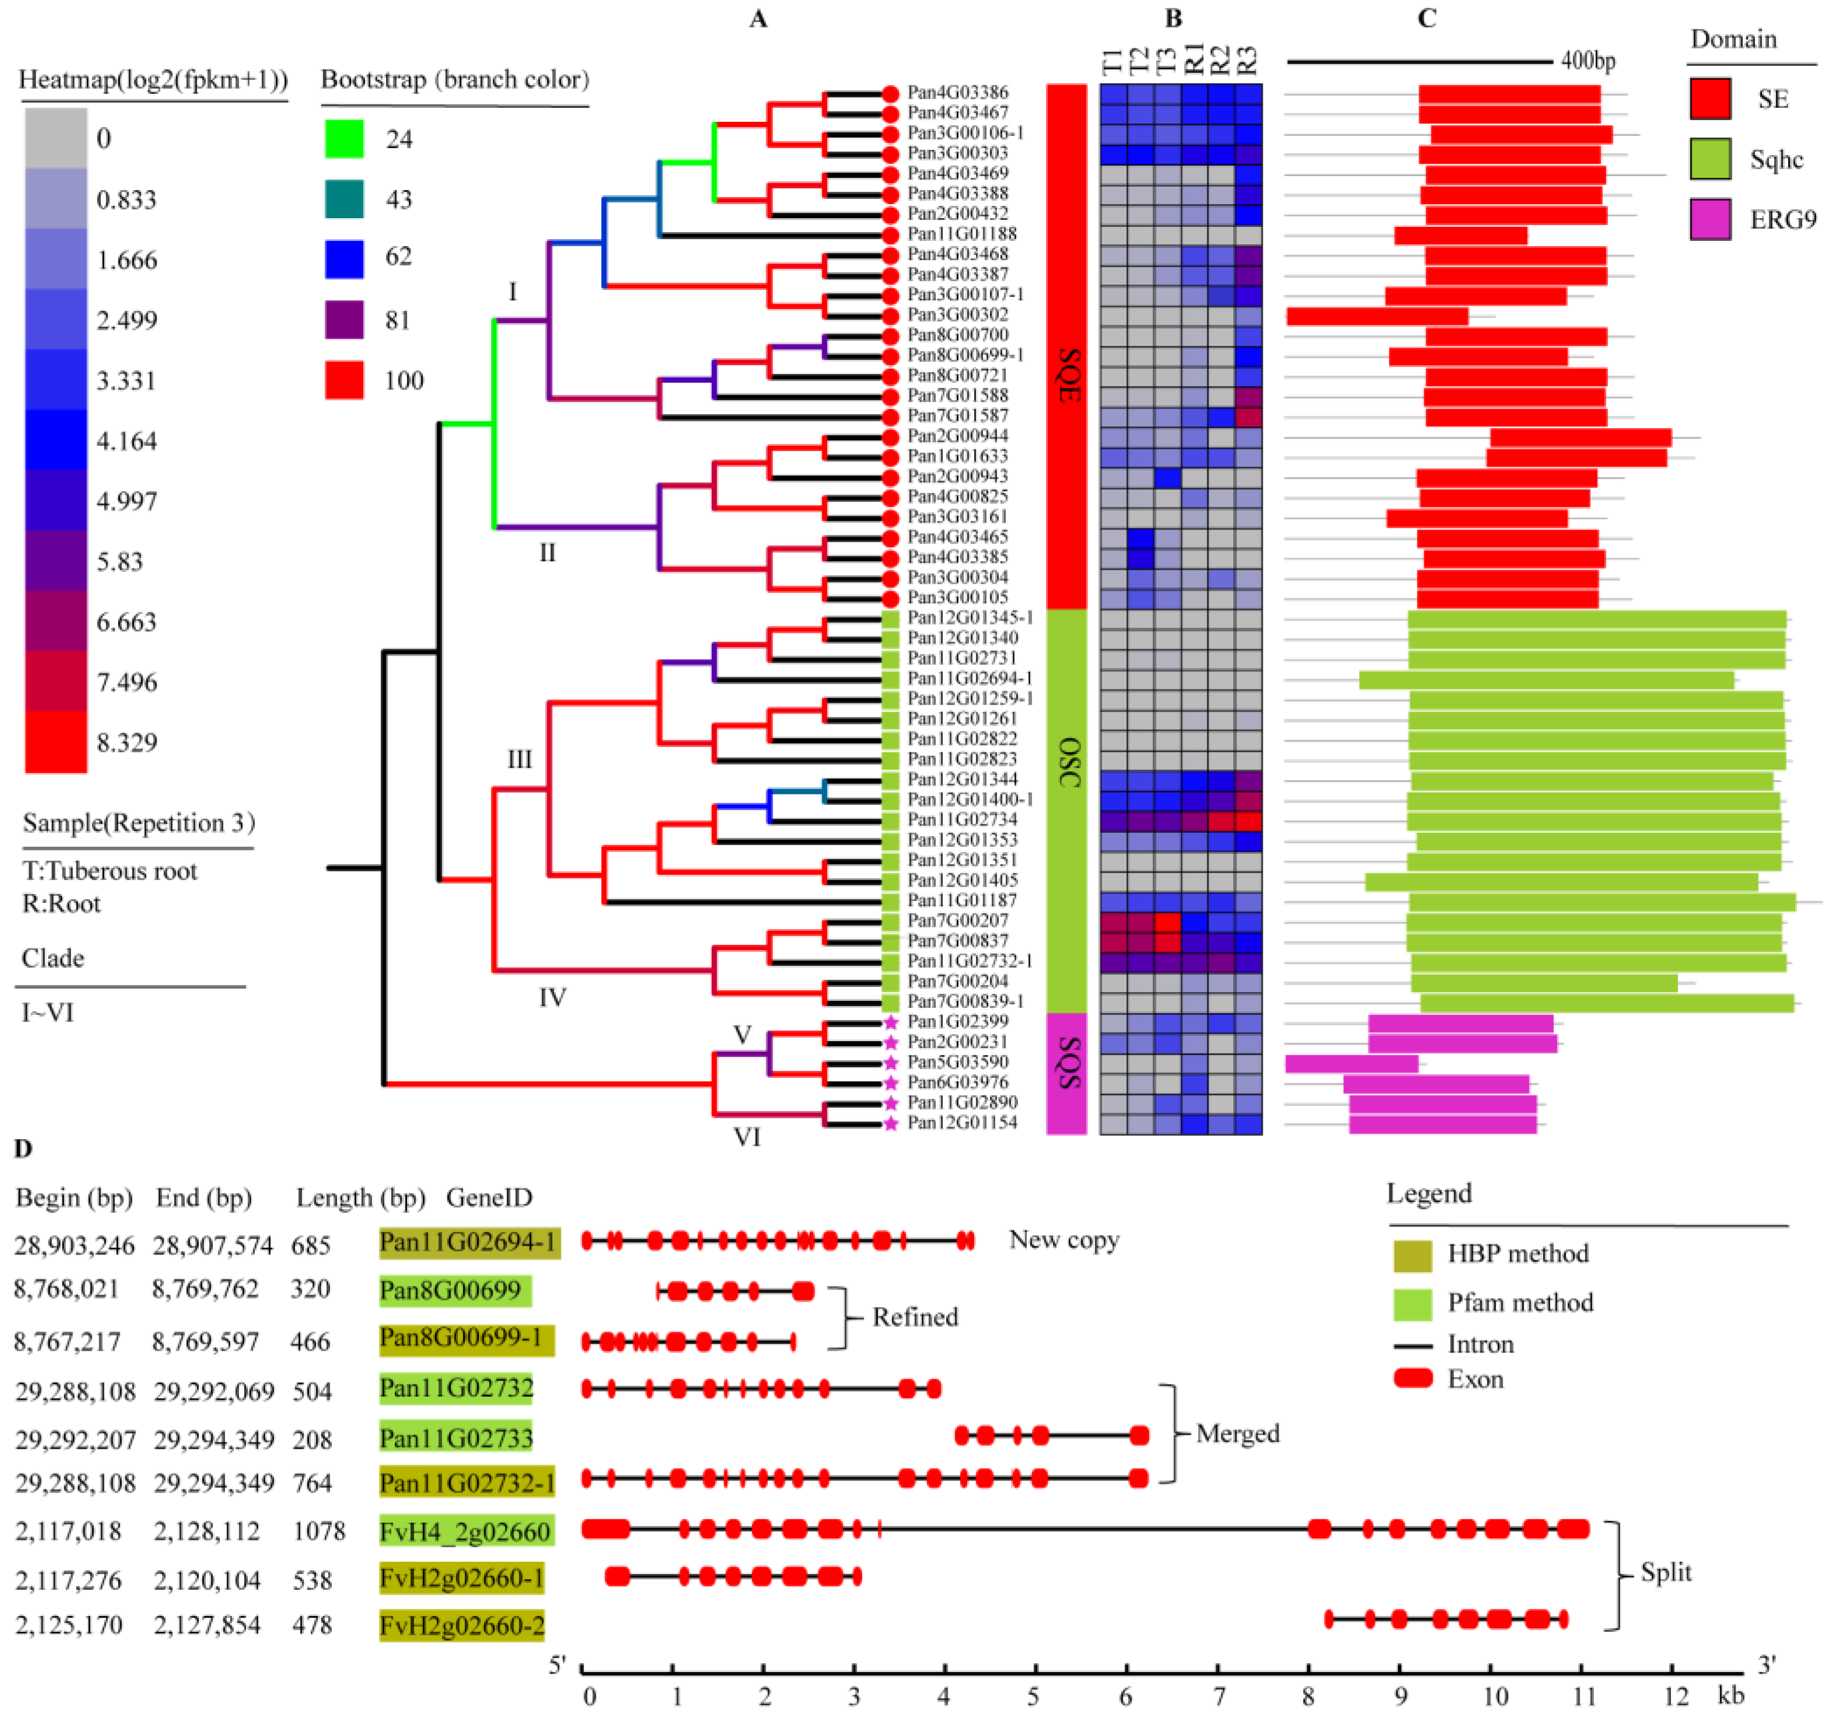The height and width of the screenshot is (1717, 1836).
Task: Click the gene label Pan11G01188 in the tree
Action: pyautogui.click(x=961, y=234)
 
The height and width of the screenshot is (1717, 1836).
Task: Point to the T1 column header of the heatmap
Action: pyautogui.click(x=1113, y=62)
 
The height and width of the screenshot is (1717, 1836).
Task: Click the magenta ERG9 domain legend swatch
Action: pyautogui.click(x=1709, y=220)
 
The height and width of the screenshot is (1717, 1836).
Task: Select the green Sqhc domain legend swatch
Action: pyautogui.click(x=1709, y=159)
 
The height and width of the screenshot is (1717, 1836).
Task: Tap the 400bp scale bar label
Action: pyautogui.click(x=1588, y=62)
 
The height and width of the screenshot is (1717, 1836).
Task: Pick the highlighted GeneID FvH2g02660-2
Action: pyautogui.click(x=462, y=1625)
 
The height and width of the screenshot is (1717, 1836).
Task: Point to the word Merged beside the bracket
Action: pyautogui.click(x=1238, y=1434)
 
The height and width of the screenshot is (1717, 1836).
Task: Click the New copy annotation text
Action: pyautogui.click(x=1064, y=1239)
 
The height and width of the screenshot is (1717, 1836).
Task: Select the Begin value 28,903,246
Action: pyautogui.click(x=74, y=1246)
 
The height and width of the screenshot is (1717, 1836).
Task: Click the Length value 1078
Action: pyautogui.click(x=318, y=1532)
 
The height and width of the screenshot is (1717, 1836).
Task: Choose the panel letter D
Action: pyautogui.click(x=23, y=1148)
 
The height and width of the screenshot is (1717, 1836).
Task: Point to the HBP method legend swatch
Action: pyautogui.click(x=1412, y=1255)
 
